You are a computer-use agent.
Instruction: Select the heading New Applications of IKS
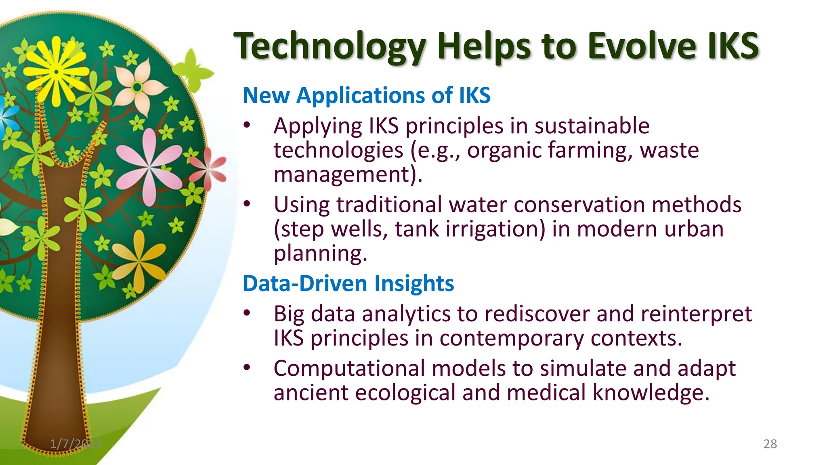(x=366, y=96)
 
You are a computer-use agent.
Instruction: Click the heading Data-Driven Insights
(x=348, y=283)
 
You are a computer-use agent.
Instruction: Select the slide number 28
(x=770, y=444)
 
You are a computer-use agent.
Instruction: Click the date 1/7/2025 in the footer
(x=76, y=444)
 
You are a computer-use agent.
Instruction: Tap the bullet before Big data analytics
(x=247, y=313)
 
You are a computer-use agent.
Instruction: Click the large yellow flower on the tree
(x=57, y=72)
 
